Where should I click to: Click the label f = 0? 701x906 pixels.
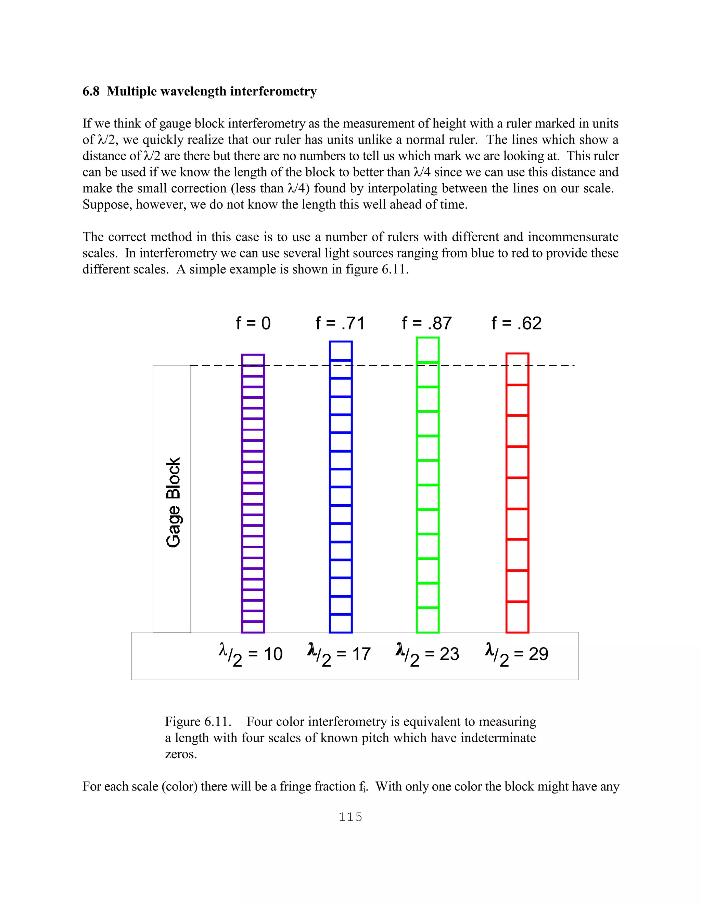pyautogui.click(x=253, y=323)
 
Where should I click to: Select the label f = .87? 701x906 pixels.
pyautogui.click(x=426, y=323)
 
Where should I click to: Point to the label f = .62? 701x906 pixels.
pyautogui.click(x=516, y=323)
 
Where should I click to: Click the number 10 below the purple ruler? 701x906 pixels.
pyautogui.click(x=273, y=654)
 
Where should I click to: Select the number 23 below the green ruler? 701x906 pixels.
pyautogui.click(x=449, y=654)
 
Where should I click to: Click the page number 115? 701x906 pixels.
pyautogui.click(x=350, y=817)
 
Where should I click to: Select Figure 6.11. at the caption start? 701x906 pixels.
pyautogui.click(x=198, y=721)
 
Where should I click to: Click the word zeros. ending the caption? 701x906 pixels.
pyautogui.click(x=181, y=754)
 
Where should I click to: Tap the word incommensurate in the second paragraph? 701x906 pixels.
pyautogui.click(x=573, y=237)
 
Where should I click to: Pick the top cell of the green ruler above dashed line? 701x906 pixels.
pyautogui.click(x=428, y=350)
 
